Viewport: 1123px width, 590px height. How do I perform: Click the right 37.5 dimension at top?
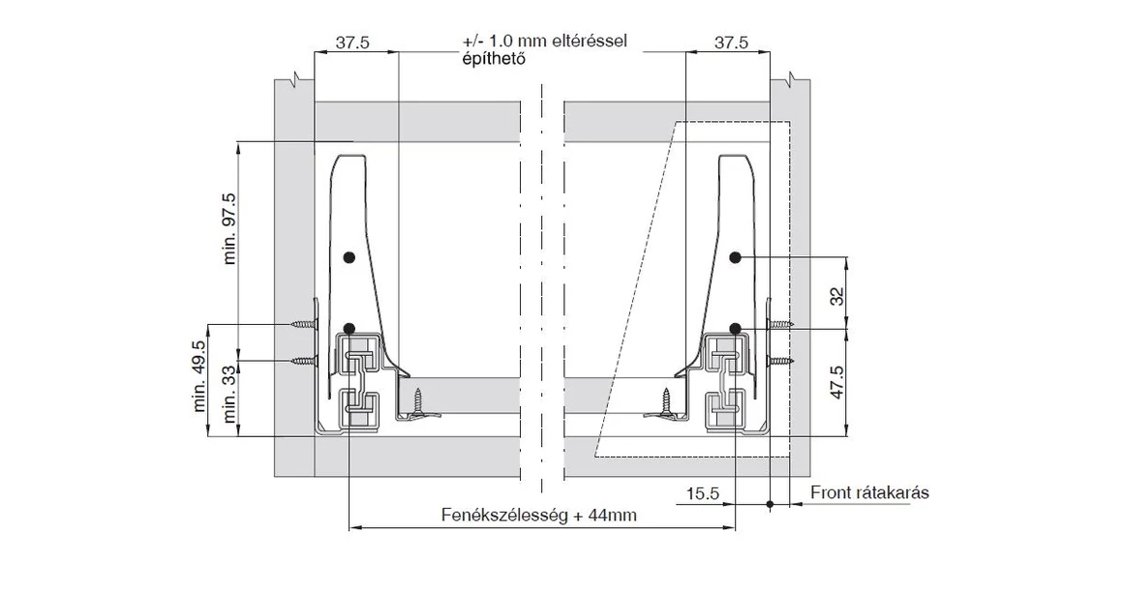[x=731, y=44]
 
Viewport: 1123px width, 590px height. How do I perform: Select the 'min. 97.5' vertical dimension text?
[x=231, y=228]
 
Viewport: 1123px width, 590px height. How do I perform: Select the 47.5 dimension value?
[x=837, y=383]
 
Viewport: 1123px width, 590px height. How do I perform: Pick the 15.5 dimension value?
[x=703, y=493]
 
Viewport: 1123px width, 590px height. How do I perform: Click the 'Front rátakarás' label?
[x=869, y=493]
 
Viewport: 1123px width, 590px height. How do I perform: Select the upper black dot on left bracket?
[x=349, y=257]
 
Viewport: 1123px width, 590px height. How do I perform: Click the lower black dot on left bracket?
[x=349, y=328]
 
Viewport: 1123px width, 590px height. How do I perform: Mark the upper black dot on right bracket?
[x=736, y=257]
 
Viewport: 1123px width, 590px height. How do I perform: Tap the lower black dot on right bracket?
[x=736, y=328]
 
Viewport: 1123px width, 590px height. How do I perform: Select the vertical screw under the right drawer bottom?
[x=665, y=398]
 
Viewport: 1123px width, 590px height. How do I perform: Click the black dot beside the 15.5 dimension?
[x=770, y=504]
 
